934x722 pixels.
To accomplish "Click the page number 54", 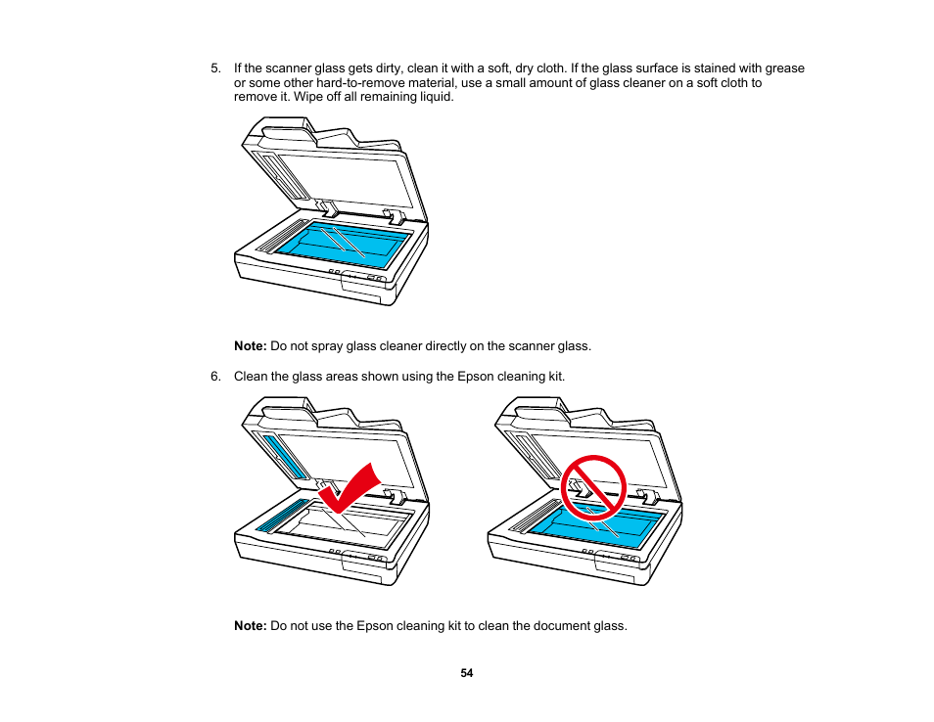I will coord(467,673).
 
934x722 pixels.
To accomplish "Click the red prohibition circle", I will coord(592,487).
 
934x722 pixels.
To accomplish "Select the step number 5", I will coord(214,68).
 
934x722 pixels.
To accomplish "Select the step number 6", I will coord(214,377).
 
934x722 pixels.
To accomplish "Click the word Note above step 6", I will coord(250,346).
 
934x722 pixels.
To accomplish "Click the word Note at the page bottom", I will coord(250,626).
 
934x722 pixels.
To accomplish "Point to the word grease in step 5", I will coord(785,68).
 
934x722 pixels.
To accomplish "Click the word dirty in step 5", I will coord(379,68).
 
